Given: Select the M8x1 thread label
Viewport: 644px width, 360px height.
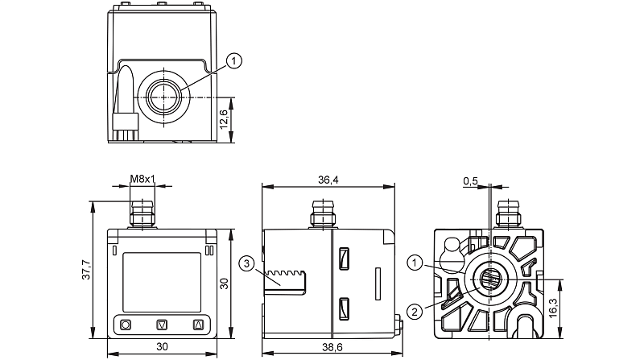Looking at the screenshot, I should tap(142, 178).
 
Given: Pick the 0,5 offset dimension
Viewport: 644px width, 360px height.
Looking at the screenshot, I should tap(471, 180).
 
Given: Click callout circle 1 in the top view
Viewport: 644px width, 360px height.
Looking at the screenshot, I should tap(234, 60).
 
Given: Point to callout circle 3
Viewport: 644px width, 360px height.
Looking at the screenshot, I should tap(247, 261).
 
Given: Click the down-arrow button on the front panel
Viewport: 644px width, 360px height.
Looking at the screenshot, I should tap(163, 325).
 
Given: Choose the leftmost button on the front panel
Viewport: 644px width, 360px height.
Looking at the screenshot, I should tap(126, 325).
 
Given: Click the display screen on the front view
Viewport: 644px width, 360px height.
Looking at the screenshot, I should tap(163, 278).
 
